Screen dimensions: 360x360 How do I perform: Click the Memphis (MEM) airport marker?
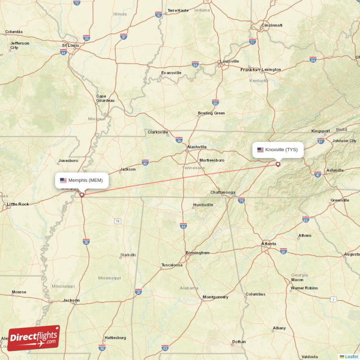pyautogui.click(x=81, y=195)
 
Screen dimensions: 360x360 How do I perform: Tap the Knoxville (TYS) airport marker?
pyautogui.click(x=278, y=164)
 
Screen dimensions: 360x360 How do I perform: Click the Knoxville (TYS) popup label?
pyautogui.click(x=278, y=150)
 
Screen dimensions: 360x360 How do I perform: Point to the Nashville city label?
pyautogui.click(x=197, y=147)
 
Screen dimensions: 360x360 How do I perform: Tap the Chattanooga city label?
pyautogui.click(x=223, y=193)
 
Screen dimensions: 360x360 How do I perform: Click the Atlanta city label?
pyautogui.click(x=269, y=244)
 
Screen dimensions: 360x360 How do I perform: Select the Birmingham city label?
pyautogui.click(x=198, y=253)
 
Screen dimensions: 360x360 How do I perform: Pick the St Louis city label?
pyautogui.click(x=70, y=45)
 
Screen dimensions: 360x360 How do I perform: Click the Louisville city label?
pyautogui.click(x=229, y=61)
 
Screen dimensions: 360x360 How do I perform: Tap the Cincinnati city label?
pyautogui.click(x=272, y=25)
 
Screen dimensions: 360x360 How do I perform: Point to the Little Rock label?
pyautogui.click(x=18, y=204)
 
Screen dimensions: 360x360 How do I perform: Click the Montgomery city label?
pyautogui.click(x=215, y=297)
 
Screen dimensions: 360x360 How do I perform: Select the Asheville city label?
pyautogui.click(x=335, y=171)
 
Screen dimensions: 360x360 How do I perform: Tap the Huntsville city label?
pyautogui.click(x=203, y=205)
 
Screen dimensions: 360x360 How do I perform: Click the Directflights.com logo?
pyautogui.click(x=34, y=338)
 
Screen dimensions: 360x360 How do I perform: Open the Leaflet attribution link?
pyautogui.click(x=351, y=356)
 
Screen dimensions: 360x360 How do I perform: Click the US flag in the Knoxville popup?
pyautogui.click(x=261, y=150)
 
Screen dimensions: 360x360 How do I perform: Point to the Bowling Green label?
pyautogui.click(x=211, y=113)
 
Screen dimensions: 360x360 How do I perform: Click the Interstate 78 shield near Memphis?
pyautogui.click(x=117, y=221)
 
